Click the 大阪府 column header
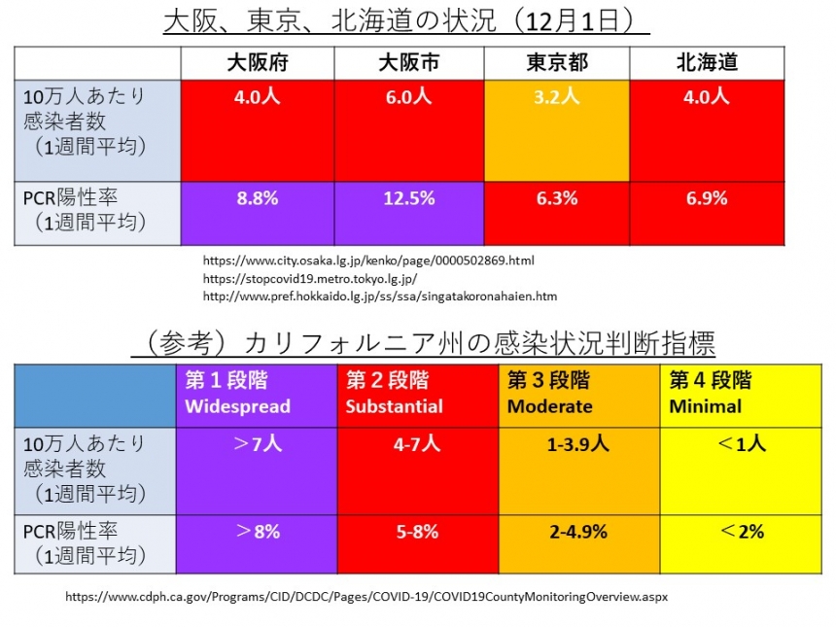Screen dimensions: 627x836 [257, 63]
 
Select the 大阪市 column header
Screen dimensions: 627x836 [408, 63]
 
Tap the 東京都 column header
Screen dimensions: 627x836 [557, 63]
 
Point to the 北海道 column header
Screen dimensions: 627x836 [707, 63]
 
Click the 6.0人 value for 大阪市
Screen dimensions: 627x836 [408, 96]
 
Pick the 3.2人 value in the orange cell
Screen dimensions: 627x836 [557, 96]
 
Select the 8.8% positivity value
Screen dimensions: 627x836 [257, 198]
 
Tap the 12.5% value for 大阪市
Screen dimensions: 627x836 [408, 198]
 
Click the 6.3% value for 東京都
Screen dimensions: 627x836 [557, 198]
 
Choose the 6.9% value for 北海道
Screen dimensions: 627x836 [707, 198]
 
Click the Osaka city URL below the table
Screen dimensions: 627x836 [368, 261]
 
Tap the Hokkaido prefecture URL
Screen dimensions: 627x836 [380, 296]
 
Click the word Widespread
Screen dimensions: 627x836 [237, 406]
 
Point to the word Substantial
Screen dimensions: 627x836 [394, 406]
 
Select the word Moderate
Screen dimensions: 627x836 [549, 406]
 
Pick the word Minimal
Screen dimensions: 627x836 [705, 406]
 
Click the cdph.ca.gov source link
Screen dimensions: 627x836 [366, 596]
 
